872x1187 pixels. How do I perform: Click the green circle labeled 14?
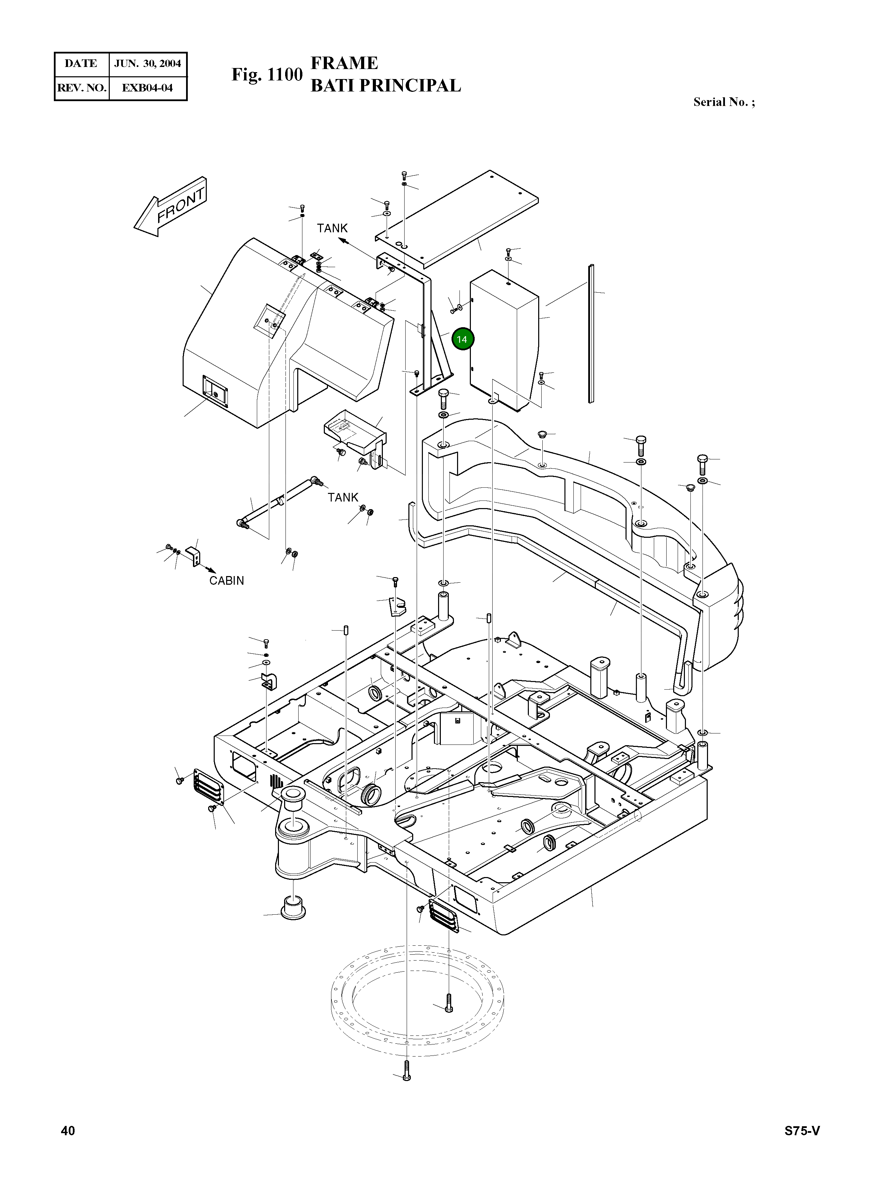pos(462,339)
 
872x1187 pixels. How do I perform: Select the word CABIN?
pos(226,581)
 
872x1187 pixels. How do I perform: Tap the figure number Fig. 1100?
pos(267,75)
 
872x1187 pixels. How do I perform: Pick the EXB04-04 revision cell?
pos(147,88)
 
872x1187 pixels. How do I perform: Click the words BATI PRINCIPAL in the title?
pos(385,86)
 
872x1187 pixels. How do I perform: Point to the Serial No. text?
pos(724,102)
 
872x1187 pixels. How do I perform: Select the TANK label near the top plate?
pos(332,228)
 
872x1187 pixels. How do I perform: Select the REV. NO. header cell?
pos(82,88)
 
